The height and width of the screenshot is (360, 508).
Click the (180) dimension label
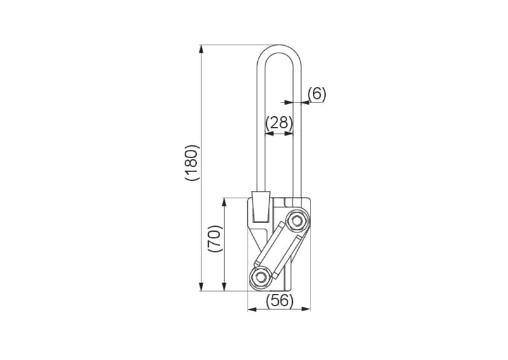(x=192, y=163)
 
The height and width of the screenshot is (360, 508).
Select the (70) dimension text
(x=215, y=239)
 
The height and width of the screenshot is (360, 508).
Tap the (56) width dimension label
(x=279, y=301)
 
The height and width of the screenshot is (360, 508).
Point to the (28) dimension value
(x=279, y=123)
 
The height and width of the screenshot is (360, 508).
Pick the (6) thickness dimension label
(x=316, y=94)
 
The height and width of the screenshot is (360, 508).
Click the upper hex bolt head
(x=295, y=222)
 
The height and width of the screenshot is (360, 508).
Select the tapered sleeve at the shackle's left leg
(x=261, y=207)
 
